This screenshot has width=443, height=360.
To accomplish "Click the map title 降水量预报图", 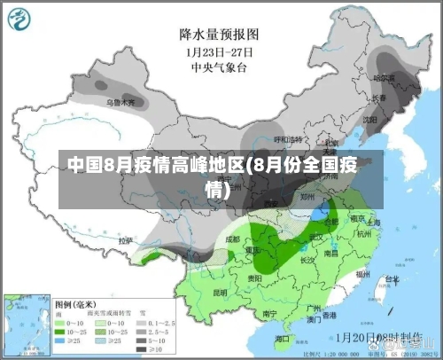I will pyautogui.click(x=218, y=34).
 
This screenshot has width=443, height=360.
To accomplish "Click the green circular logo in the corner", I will pyautogui.click(x=21, y=19).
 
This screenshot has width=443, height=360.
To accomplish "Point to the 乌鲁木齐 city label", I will pyautogui.click(x=121, y=103).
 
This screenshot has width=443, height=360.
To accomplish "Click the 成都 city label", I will pyautogui.click(x=232, y=239).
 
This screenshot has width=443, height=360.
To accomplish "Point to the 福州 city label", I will pyautogui.click(x=362, y=276).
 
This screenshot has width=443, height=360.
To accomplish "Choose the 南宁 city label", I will pyautogui.click(x=270, y=313).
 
